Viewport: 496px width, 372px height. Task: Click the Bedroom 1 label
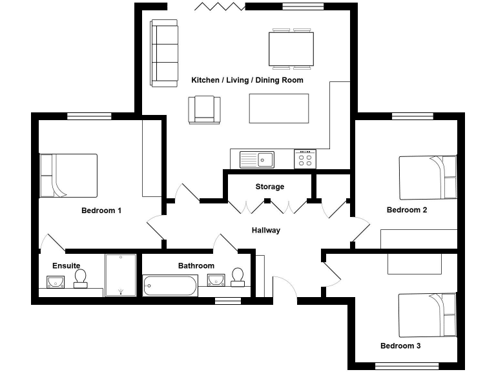coord(101,211)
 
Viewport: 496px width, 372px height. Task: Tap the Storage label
coord(270,187)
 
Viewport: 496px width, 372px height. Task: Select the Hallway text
coord(266,231)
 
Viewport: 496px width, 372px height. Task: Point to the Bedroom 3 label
coord(400,346)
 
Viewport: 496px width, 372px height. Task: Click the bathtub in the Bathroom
coord(170,285)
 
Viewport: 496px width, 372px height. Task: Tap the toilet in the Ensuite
coord(81,279)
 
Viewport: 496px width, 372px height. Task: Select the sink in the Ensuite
coord(56,282)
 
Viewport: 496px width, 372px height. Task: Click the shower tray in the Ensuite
coord(121,275)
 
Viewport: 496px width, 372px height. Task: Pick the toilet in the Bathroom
coord(238,278)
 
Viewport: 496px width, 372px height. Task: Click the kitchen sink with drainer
coord(257,160)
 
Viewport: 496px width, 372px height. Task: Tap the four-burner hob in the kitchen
coord(305,159)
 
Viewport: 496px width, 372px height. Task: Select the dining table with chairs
coord(291,49)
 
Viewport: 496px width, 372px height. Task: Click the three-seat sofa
coord(165,53)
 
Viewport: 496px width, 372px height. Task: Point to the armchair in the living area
coord(204,110)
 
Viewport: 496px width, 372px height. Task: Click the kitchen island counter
coord(279,108)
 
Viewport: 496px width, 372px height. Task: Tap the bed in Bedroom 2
coord(428,178)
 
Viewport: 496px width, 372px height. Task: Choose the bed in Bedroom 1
coord(68,176)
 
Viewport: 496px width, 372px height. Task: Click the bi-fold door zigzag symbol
coord(220,6)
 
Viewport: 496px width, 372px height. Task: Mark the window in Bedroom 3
coord(407,366)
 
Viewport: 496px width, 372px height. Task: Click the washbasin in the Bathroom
coord(216,280)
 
